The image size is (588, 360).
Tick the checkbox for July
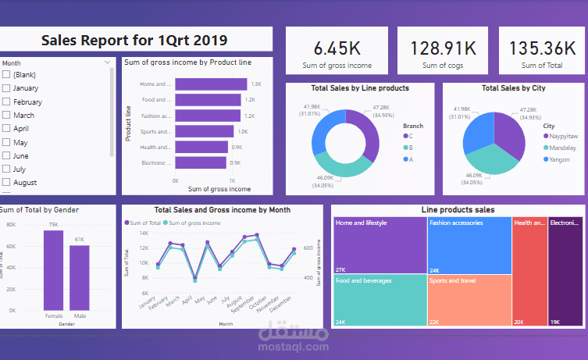[6, 169]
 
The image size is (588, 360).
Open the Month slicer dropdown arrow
[107, 62]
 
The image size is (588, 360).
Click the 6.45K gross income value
[337, 48]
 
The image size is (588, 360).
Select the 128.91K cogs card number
[443, 48]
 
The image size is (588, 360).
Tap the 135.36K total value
[541, 48]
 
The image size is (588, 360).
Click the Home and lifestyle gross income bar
[211, 84]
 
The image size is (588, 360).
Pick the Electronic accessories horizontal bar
[201, 162]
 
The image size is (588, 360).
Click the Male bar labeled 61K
[80, 277]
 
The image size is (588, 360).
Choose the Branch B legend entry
[410, 148]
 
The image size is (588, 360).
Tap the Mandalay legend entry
[560, 148]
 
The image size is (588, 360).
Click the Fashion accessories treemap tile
[469, 246]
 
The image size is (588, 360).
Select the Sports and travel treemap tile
[469, 299]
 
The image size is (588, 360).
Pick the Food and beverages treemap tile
[380, 299]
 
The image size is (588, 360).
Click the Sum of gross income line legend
[193, 223]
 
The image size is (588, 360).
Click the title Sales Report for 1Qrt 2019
[134, 41]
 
